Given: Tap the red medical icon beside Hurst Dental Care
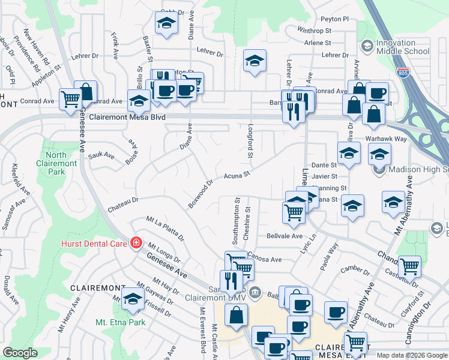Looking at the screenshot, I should click(136, 243).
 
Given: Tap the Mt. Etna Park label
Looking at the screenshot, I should click(120, 322).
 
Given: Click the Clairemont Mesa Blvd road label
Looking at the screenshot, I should click(127, 118).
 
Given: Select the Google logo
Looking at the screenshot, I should click(20, 353).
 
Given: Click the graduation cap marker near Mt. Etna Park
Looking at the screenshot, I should click(133, 299).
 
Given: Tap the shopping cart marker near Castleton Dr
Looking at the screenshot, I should click(409, 265).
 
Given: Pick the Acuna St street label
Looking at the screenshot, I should click(237, 175).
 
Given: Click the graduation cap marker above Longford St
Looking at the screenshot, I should click(255, 61).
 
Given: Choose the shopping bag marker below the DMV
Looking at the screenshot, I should click(237, 315).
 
